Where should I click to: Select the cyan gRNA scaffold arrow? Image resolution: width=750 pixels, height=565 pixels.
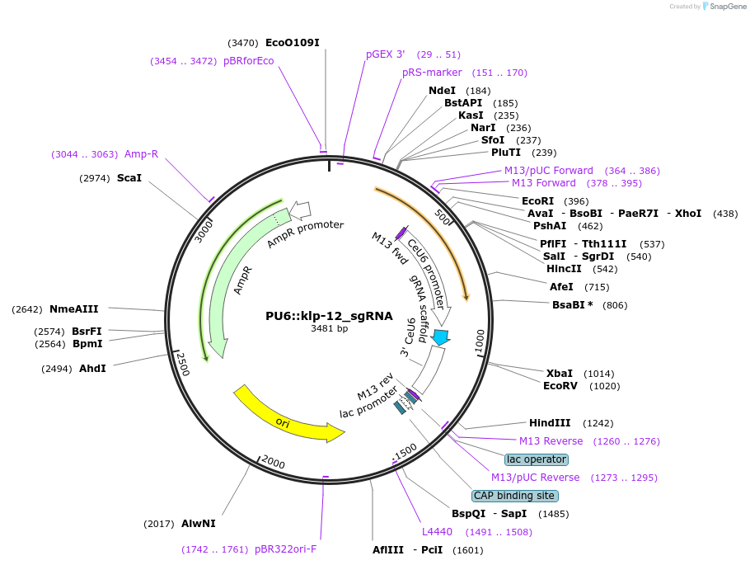click(x=441, y=337)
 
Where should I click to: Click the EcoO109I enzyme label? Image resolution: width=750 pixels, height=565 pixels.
click(x=292, y=42)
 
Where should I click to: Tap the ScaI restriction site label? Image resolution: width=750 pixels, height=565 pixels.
click(x=129, y=177)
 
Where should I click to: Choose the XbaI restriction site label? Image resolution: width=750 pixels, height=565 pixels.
click(x=560, y=373)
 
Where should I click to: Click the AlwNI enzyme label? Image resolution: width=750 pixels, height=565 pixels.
click(x=199, y=523)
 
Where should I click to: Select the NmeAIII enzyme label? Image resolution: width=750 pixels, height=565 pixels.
click(x=74, y=309)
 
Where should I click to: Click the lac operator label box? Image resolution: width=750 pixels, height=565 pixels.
click(x=537, y=459)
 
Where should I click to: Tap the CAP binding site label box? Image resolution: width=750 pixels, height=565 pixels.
click(x=514, y=496)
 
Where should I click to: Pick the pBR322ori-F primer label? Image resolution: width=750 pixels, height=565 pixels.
click(x=285, y=549)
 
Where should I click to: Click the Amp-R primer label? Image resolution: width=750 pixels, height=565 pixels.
click(x=141, y=154)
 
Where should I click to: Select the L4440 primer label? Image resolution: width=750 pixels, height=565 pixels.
click(x=437, y=532)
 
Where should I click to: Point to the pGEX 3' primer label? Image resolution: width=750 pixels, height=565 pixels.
click(x=386, y=54)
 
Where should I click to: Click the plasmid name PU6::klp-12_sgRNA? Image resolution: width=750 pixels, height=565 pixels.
click(x=329, y=316)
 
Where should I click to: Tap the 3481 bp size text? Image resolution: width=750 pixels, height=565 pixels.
click(x=329, y=329)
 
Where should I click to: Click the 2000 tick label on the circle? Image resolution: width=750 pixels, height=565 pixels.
click(x=274, y=464)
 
